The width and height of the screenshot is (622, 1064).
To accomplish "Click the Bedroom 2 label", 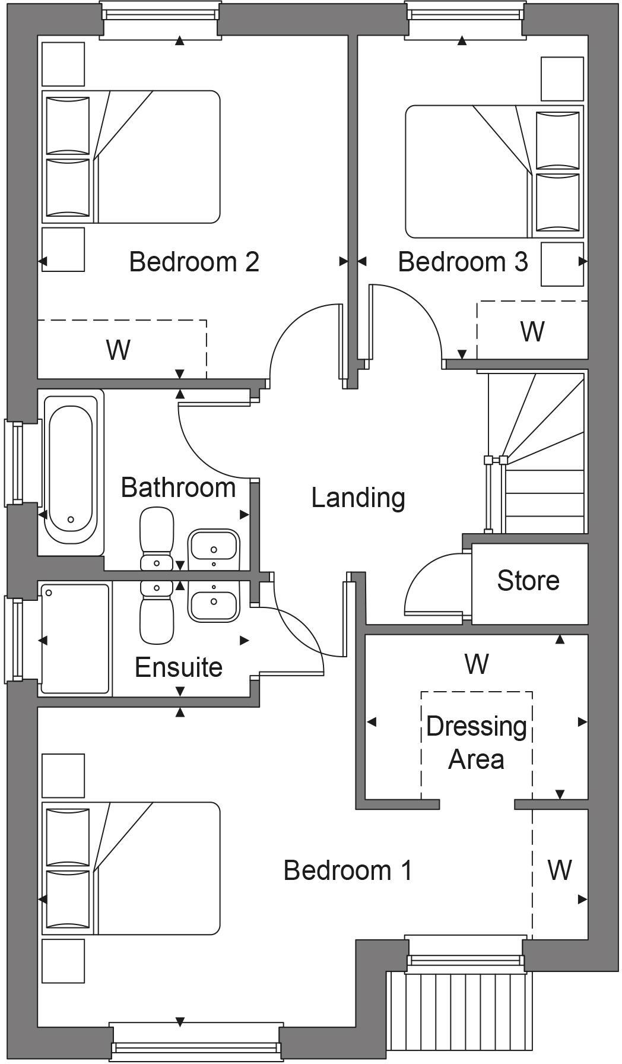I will tap(194, 262).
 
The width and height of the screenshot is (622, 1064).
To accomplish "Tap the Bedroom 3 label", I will tap(462, 262).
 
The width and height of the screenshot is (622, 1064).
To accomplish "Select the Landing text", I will tap(358, 498).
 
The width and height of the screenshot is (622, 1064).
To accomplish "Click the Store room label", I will tap(528, 581).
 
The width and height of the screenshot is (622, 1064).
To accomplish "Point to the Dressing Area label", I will tap(476, 743).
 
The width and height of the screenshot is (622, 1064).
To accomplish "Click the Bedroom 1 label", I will tap(347, 870).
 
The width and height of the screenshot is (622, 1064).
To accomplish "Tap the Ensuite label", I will tap(178, 667).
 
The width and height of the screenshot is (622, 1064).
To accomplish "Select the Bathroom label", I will tap(178, 488).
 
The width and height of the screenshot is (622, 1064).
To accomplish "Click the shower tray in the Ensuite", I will tap(75, 638).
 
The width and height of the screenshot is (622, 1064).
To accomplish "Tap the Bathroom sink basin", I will tap(213, 549).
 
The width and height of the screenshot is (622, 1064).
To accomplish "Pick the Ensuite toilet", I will tap(157, 615).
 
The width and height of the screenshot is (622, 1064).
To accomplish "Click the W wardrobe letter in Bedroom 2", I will tap(118, 350).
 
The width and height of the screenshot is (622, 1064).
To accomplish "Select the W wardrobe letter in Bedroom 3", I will tap(532, 332).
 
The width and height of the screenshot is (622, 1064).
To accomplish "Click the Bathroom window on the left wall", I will tap(14, 463).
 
